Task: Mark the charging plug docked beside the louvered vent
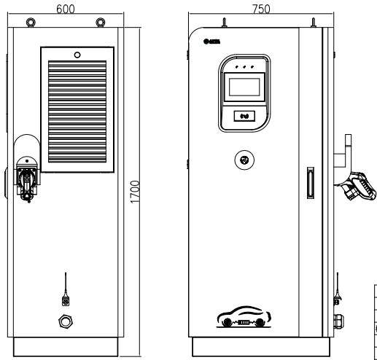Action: [x=27, y=179]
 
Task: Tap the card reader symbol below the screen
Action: [x=245, y=114]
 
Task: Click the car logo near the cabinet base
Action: [x=245, y=318]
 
